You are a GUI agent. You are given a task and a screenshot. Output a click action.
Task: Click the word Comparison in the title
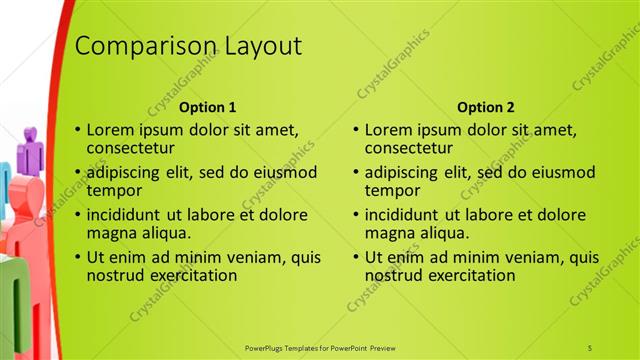coord(136,47)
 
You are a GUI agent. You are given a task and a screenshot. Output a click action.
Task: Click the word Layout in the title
coord(253,47)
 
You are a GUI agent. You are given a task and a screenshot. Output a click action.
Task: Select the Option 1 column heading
coord(208,107)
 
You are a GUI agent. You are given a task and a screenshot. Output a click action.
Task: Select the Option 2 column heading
coord(486,107)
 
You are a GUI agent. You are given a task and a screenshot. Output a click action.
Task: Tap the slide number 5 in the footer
coord(590,347)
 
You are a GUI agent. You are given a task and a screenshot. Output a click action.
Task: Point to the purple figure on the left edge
coord(30,148)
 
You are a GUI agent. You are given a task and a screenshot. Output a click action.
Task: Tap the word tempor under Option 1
coord(113,190)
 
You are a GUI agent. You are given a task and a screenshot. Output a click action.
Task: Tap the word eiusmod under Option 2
coord(559,172)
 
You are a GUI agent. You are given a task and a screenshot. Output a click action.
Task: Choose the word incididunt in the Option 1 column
coord(130,215)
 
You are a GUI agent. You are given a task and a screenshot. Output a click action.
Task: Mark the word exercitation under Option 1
coord(190,275)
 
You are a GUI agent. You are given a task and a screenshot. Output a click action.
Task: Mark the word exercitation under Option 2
coord(468,275)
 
